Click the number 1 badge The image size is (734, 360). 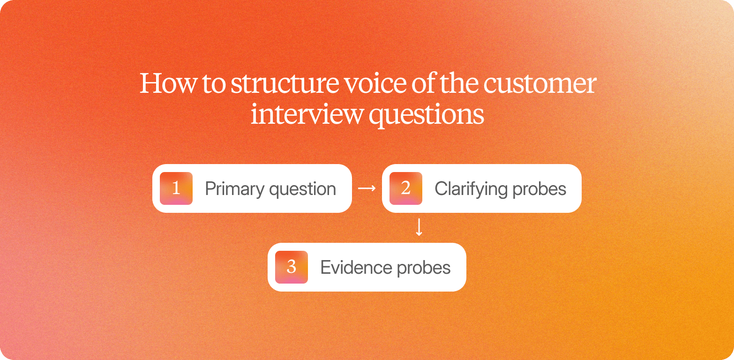click(x=176, y=188)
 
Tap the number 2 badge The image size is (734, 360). click(x=406, y=188)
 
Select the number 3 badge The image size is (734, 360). click(x=292, y=267)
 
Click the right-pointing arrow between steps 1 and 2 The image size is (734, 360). click(x=367, y=188)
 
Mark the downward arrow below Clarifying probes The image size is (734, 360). click(x=419, y=227)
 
